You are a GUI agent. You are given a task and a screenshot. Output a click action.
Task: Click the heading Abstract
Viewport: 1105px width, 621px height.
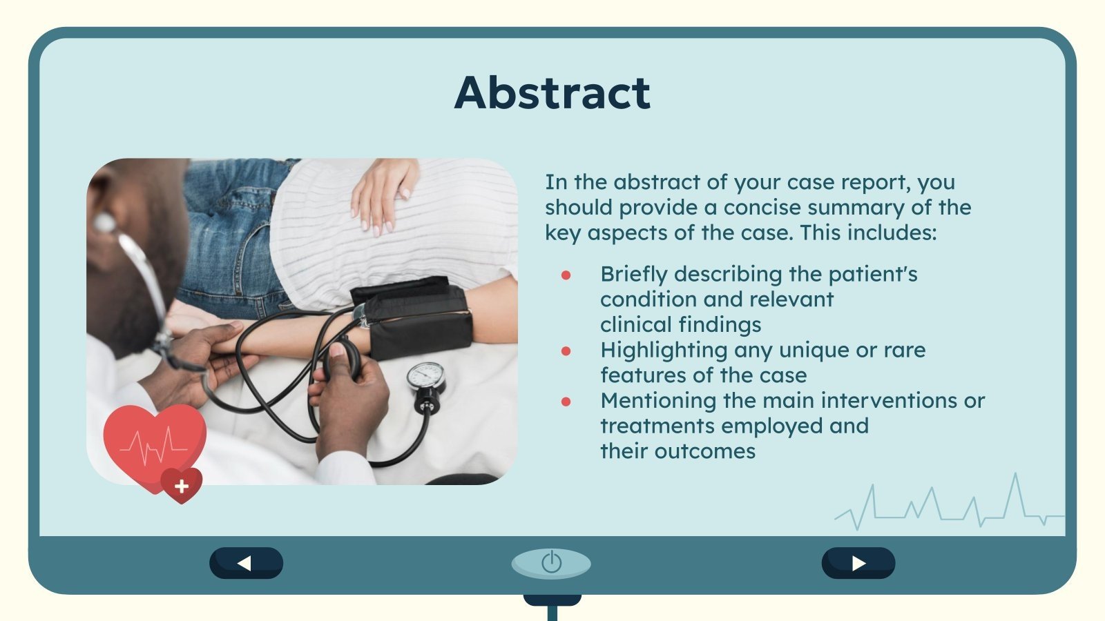[x=552, y=92]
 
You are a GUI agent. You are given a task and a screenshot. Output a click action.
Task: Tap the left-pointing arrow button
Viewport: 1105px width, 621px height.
[x=246, y=563]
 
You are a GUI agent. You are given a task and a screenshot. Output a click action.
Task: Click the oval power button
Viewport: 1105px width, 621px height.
[x=551, y=563]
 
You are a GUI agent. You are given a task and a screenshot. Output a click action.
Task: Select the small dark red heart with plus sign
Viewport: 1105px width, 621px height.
[x=182, y=486]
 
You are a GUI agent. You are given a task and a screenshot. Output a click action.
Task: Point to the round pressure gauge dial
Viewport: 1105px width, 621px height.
[x=425, y=377]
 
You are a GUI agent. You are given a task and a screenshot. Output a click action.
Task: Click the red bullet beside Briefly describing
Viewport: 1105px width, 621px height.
[x=566, y=275]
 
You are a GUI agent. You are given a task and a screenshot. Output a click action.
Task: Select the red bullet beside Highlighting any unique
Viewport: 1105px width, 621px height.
[x=566, y=351]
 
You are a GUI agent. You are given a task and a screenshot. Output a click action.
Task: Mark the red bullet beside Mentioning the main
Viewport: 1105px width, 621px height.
[x=566, y=402]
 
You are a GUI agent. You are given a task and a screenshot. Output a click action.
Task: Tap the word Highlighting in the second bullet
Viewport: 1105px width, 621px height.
[x=664, y=351]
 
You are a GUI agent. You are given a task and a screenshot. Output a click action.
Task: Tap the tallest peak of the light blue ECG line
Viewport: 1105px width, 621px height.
[x=1015, y=475]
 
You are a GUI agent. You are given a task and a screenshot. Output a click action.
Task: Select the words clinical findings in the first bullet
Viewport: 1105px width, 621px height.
[x=680, y=325]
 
